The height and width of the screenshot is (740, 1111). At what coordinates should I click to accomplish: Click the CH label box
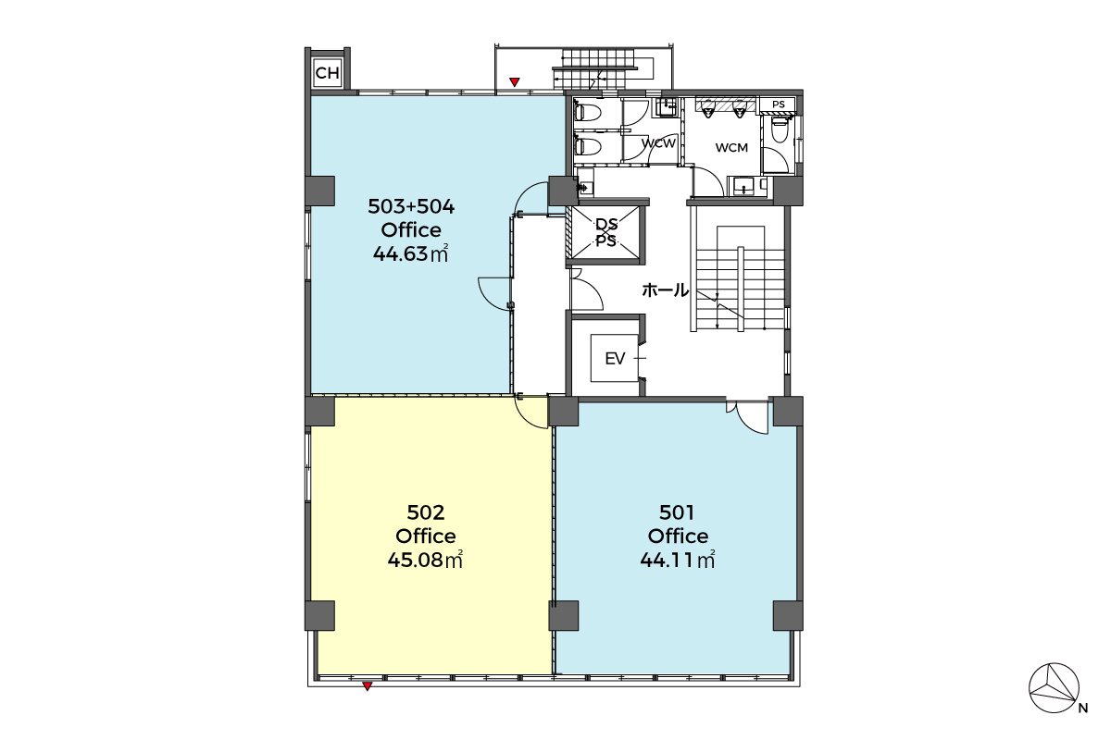[328, 73]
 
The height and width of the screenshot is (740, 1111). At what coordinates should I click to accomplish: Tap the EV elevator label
[615, 358]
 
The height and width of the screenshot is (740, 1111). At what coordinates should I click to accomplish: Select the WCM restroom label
[731, 147]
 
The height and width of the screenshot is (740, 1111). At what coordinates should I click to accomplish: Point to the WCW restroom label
[658, 143]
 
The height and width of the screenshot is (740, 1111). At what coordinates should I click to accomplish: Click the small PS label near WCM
[779, 105]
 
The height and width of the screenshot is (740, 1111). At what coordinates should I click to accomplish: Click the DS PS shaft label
[606, 232]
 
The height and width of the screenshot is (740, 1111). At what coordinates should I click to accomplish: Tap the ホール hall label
[665, 290]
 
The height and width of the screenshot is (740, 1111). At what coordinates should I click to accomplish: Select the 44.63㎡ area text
[411, 253]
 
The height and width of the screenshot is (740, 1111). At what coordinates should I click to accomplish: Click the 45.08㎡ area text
[425, 560]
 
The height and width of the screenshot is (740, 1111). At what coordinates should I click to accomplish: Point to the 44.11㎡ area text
[678, 560]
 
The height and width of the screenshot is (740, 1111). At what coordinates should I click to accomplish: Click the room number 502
[426, 512]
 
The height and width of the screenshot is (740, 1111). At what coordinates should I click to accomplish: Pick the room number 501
[677, 512]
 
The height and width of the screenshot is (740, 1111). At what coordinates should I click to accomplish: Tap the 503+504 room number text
[411, 206]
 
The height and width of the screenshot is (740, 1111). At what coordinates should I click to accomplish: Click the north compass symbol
[1054, 688]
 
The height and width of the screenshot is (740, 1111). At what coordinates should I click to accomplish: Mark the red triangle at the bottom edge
[367, 686]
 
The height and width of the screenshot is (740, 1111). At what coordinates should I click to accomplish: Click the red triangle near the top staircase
[515, 82]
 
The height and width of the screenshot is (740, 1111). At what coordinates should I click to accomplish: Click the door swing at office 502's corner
[531, 413]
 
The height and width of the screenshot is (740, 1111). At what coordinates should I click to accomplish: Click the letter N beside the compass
[1083, 709]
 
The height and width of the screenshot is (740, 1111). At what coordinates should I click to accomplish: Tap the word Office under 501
[678, 536]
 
